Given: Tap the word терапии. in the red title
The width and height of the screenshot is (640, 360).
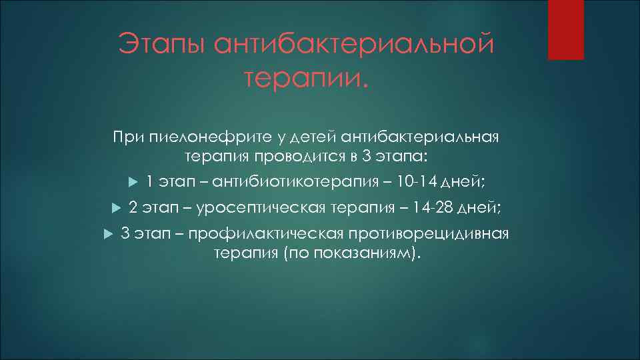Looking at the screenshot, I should click(305, 81).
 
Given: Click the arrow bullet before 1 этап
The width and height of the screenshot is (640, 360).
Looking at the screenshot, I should click(131, 181).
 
